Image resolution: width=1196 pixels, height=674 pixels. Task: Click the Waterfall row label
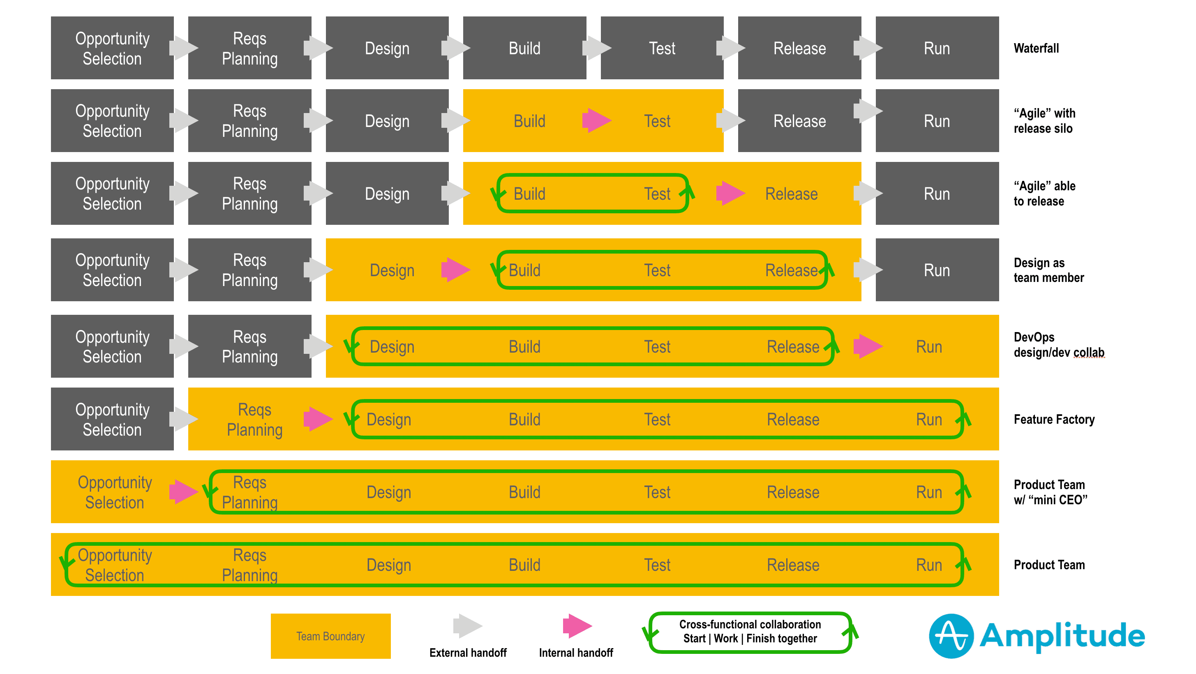point(1036,48)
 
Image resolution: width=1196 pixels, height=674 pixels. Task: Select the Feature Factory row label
point(1054,420)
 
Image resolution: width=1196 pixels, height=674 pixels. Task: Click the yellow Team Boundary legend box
point(330,636)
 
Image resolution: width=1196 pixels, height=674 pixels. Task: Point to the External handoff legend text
point(468,653)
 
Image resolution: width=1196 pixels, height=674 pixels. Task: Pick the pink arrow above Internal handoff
point(577,626)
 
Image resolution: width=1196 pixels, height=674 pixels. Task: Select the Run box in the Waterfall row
point(937,48)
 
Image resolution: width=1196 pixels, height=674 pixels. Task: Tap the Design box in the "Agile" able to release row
point(387,194)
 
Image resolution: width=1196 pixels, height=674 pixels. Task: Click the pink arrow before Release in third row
point(730,194)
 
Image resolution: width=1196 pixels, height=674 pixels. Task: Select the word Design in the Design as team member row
point(392,270)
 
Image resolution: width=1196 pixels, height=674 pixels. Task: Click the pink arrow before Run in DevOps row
point(867,346)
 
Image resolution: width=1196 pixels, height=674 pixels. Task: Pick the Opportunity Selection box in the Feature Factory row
point(112,419)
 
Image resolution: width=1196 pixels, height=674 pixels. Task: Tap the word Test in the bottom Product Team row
point(657,565)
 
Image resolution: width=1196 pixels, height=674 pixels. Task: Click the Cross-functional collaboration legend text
point(750,631)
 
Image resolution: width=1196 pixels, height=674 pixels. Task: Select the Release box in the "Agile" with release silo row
point(799,121)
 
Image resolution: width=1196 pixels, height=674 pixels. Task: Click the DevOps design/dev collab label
point(1059,345)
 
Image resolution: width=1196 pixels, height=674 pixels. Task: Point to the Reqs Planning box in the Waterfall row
point(249,48)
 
